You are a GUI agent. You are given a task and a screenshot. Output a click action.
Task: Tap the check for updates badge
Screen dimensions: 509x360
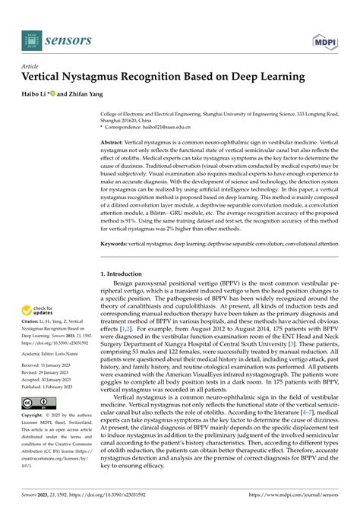pyautogui.click(x=37, y=311)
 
